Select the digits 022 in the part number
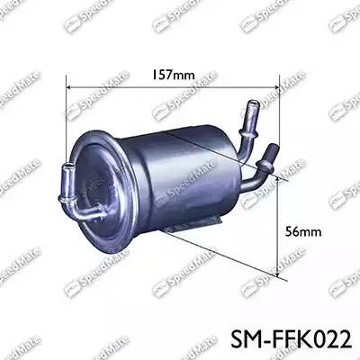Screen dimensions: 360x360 (x=328, y=337)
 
